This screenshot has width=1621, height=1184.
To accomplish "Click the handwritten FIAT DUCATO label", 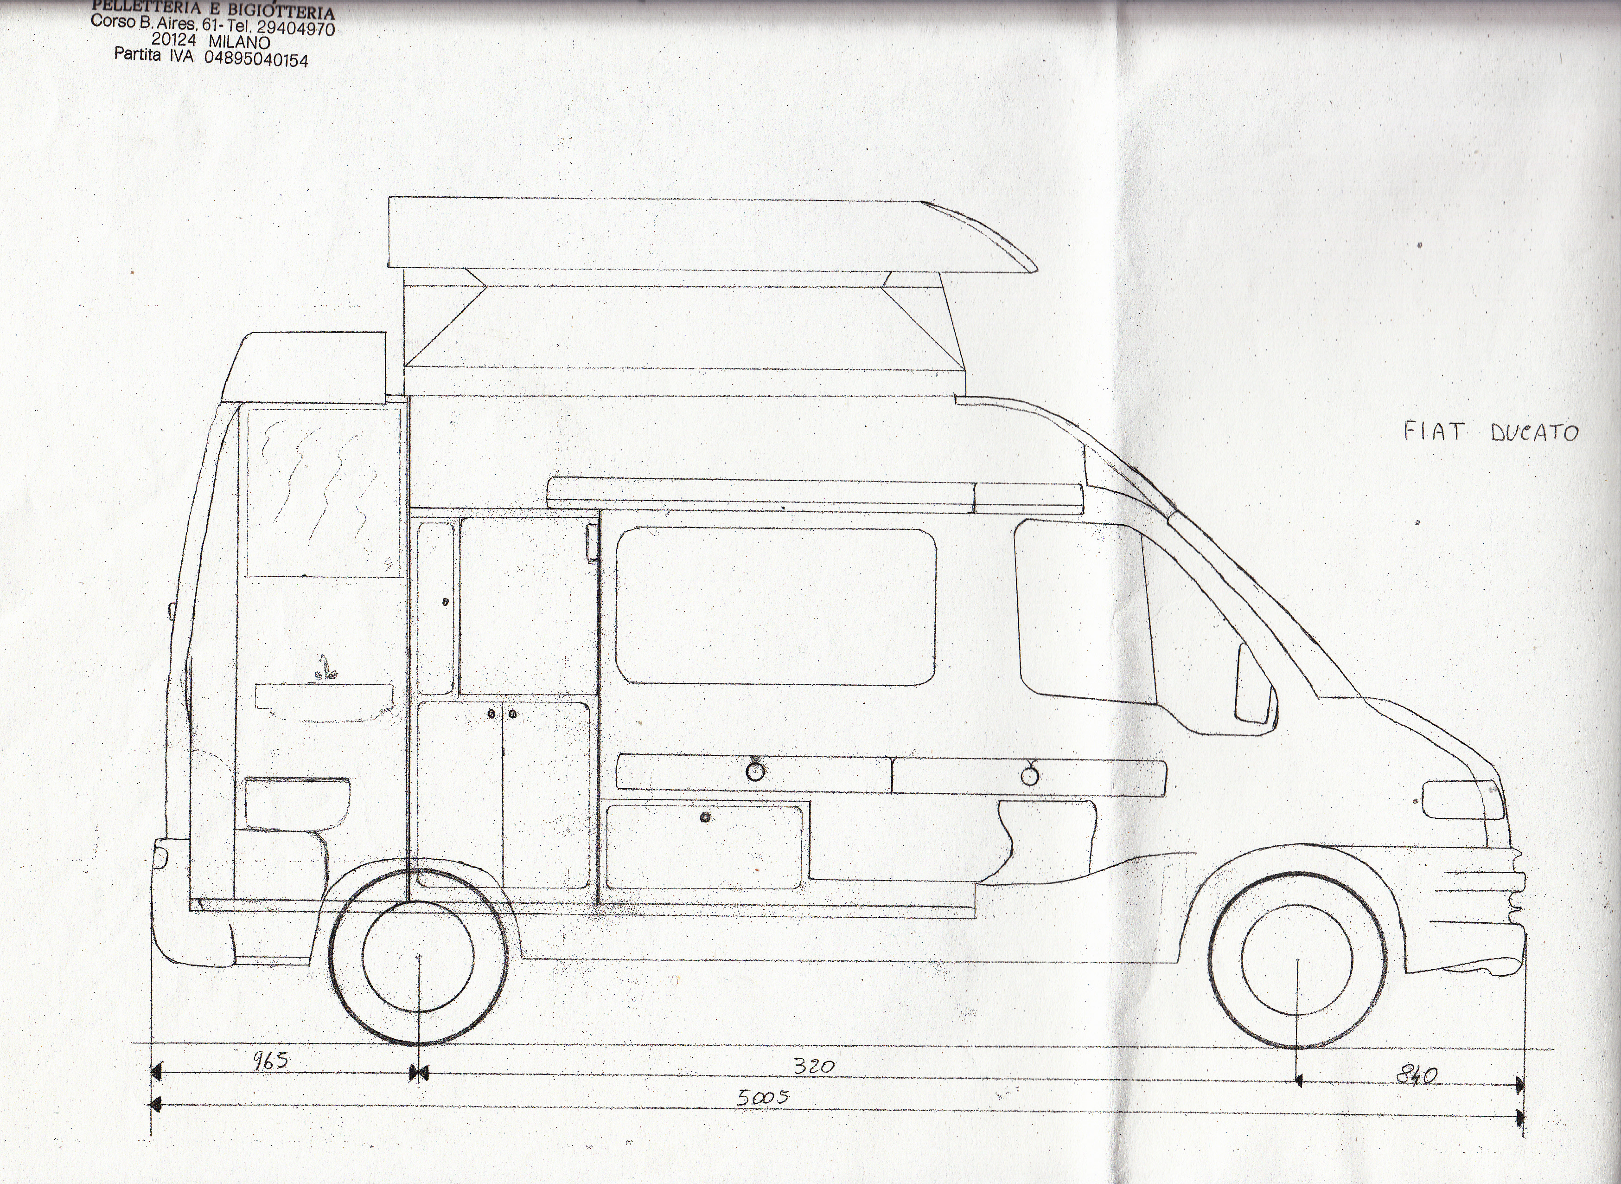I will (x=1490, y=432).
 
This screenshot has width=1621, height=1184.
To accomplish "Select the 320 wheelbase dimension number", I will (x=814, y=1066).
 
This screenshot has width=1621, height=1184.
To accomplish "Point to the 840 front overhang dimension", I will (x=1416, y=1075).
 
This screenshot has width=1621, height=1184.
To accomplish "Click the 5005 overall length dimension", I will (x=763, y=1097).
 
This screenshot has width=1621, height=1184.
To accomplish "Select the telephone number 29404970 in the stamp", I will (x=295, y=28).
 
